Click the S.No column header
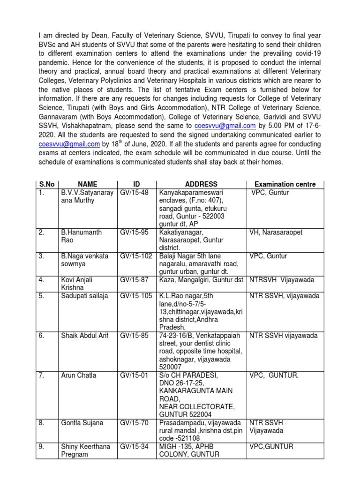(45, 184)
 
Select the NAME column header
(87, 184)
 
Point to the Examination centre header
(285, 184)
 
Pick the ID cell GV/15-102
(135, 256)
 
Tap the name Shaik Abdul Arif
(85, 335)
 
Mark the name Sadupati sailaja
(84, 296)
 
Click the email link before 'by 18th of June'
(69, 144)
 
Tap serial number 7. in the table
(42, 375)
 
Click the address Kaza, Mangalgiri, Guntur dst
(202, 280)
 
